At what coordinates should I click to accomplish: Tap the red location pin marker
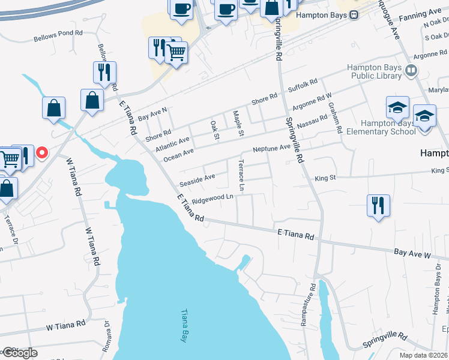[x=42, y=152]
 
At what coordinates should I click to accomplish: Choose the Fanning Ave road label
[x=423, y=13]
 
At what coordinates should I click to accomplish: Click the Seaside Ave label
[x=197, y=178]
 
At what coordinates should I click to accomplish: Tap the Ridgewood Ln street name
[x=212, y=197]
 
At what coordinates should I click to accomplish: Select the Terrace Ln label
[x=241, y=175]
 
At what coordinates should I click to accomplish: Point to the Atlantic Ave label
[x=172, y=143]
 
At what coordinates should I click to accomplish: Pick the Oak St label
[x=214, y=129]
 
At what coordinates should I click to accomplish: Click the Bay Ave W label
[x=412, y=254]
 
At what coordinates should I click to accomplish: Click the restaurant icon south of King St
[x=378, y=205]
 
